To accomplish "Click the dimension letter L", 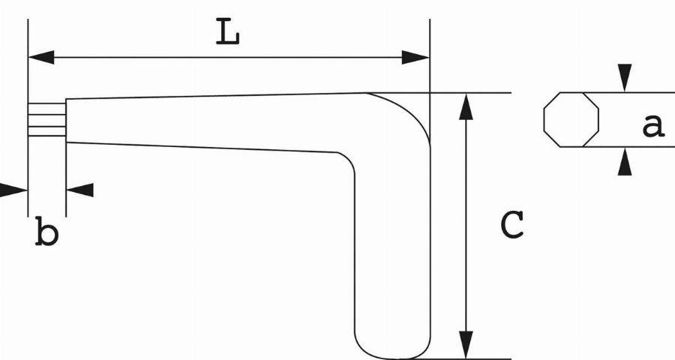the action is (x=227, y=31).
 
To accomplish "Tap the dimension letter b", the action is (x=46, y=232).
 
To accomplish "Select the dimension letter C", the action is (x=512, y=225).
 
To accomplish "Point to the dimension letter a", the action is (x=653, y=126).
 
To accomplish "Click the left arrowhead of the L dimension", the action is (x=41, y=57).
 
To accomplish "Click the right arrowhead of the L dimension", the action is (x=415, y=57).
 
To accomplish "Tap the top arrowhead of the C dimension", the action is (x=466, y=106).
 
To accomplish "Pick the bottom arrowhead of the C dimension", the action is (x=466, y=345).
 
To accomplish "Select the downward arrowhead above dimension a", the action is (x=625, y=78).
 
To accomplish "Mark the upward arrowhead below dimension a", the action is (x=625, y=161).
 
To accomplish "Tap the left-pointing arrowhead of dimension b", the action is (x=79, y=190).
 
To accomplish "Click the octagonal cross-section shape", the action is (x=571, y=120).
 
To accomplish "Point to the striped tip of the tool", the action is (x=47, y=120).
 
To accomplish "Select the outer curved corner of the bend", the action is (x=409, y=109).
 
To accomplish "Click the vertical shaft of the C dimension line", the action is (x=466, y=226).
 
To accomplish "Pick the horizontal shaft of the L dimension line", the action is (x=229, y=57).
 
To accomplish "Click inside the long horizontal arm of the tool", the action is (x=207, y=121).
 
